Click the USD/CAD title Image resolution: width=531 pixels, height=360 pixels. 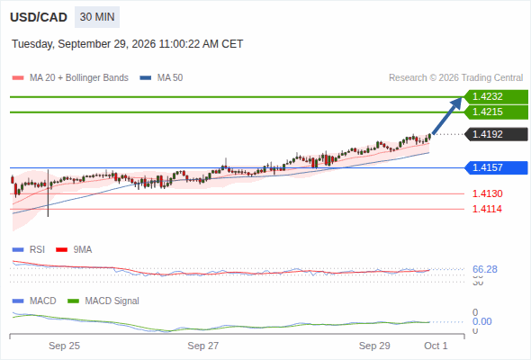(39, 17)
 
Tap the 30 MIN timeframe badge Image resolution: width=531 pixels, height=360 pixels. (97, 17)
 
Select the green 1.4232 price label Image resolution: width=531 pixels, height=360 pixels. (496, 97)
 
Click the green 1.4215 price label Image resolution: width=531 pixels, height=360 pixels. (496, 112)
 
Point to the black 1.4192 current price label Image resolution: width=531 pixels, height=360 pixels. (496, 134)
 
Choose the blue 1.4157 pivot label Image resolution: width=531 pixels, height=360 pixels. (496, 167)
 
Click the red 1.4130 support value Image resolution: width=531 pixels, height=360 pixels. (487, 193)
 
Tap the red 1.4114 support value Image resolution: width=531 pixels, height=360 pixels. (487, 209)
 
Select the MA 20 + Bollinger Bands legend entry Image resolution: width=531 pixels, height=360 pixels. (70, 78)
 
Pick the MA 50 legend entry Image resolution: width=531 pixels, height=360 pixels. (161, 78)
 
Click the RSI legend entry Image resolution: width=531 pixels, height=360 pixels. (29, 249)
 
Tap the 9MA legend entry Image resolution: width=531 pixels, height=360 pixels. (74, 249)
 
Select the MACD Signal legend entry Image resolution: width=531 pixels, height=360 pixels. (103, 301)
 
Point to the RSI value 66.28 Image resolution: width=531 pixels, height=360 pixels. (485, 269)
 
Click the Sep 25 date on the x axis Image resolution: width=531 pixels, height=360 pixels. (64, 346)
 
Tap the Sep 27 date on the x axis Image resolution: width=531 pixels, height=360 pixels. (203, 346)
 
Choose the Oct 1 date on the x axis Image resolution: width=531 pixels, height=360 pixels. (436, 346)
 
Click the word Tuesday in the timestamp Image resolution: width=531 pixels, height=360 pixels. (32, 44)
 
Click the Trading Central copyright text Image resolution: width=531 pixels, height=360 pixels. (455, 78)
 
